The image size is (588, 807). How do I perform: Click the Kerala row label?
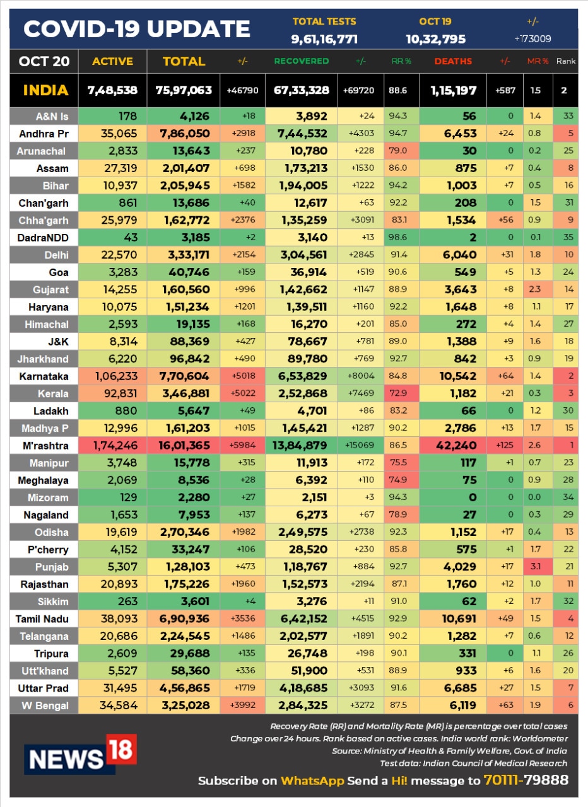tap(53, 393)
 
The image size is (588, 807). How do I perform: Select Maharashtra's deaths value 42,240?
tap(456, 445)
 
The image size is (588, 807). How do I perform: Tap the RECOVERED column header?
tap(302, 61)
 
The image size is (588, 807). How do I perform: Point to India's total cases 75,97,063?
tap(184, 90)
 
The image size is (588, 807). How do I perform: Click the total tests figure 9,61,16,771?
tap(324, 39)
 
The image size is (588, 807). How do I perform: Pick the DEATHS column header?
tap(453, 61)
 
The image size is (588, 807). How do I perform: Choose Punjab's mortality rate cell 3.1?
tap(536, 566)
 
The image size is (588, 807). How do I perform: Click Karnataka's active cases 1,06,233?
tap(116, 376)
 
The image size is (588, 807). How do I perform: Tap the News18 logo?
tap(80, 754)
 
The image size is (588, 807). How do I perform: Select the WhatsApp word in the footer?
tap(312, 781)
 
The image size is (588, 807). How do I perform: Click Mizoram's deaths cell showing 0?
tap(473, 497)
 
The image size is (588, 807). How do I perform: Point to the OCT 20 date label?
tap(44, 61)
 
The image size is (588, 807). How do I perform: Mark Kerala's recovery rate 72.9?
tap(398, 393)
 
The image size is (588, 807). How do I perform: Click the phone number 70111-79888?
tap(526, 780)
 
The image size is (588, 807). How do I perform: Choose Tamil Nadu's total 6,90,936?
tap(184, 618)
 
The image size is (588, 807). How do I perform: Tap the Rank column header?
tap(566, 61)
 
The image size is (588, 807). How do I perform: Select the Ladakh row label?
tap(51, 411)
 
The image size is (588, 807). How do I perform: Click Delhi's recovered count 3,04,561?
tap(304, 255)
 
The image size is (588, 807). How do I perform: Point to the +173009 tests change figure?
tap(532, 39)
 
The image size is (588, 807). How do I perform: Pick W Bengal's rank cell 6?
tap(571, 705)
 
